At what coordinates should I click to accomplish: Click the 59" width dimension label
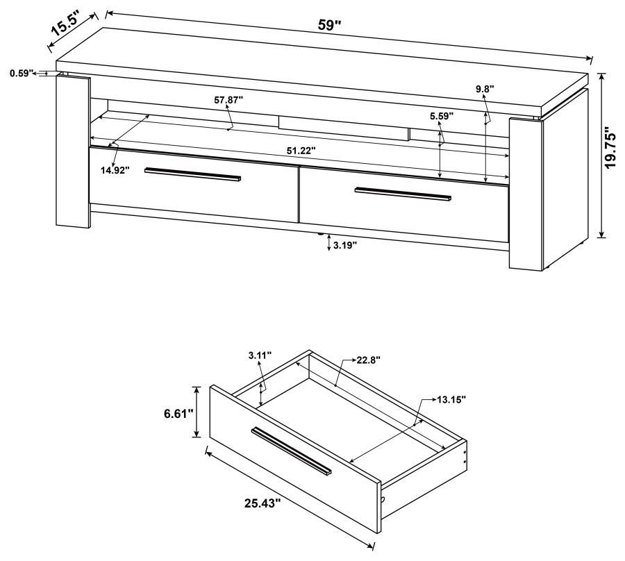pos(330,25)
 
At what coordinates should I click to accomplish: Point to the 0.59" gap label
pos(22,72)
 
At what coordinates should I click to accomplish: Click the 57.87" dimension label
pos(228,100)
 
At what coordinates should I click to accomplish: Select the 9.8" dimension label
pos(486,89)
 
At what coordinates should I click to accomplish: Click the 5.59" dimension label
pos(441,116)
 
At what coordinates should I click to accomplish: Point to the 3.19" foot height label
pos(345,245)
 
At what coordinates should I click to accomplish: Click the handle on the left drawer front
pos(193,176)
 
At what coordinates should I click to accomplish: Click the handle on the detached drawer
pos(292,451)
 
